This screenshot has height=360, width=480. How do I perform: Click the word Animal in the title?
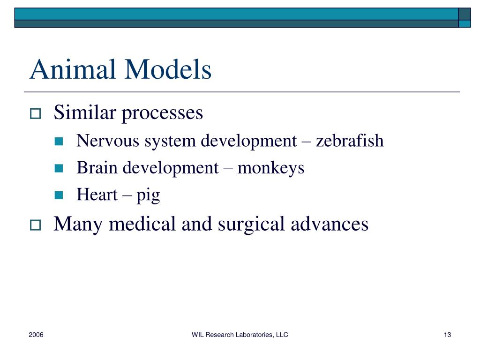click(x=73, y=69)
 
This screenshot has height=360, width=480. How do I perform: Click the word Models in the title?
click(x=168, y=69)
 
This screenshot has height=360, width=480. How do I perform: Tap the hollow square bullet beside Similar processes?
click(x=35, y=113)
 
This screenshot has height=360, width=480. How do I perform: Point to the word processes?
click(x=163, y=113)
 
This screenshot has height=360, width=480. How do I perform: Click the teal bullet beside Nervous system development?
click(x=59, y=141)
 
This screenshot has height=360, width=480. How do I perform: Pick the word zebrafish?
click(x=350, y=141)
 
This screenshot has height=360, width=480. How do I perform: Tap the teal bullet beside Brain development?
click(x=59, y=168)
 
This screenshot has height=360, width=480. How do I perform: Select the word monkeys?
click(x=271, y=168)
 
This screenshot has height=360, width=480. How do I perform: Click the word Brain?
click(x=97, y=167)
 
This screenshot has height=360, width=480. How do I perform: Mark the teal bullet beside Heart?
click(x=59, y=195)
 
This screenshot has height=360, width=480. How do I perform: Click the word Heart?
click(x=97, y=195)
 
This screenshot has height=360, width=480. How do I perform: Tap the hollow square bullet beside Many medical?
click(x=35, y=225)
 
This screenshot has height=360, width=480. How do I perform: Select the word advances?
click(x=330, y=224)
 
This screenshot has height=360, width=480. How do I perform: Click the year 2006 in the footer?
click(x=36, y=335)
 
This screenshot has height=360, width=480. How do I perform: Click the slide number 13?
click(x=447, y=335)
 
